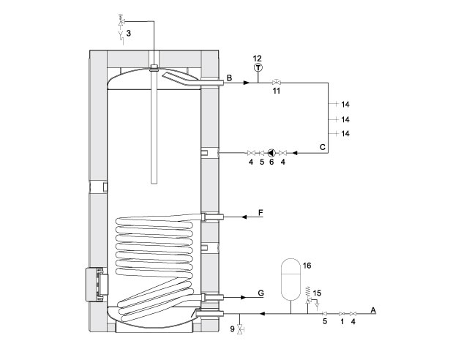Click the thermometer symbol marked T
click(x=258, y=68)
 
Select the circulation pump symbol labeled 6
click(x=271, y=153)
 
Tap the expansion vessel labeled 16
click(x=291, y=280)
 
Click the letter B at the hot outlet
click(x=229, y=78)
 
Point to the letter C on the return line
click(x=323, y=147)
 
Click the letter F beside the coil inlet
click(x=261, y=212)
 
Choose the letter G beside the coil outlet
click(x=261, y=293)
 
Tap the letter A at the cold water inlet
click(x=373, y=310)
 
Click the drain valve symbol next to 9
click(x=241, y=329)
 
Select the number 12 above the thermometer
click(x=257, y=59)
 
